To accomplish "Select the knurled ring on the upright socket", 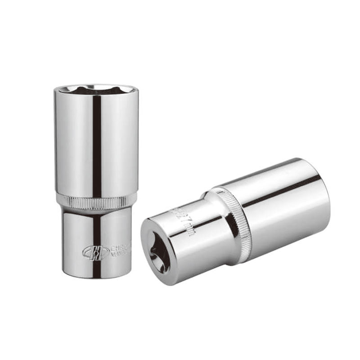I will click(x=96, y=201).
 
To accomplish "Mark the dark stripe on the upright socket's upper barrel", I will click(x=96, y=144).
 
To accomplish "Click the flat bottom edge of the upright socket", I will click(x=96, y=275).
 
